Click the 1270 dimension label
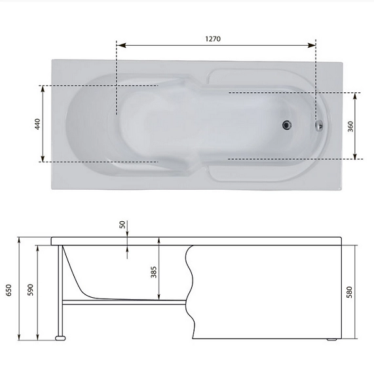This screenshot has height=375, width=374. click(x=213, y=39)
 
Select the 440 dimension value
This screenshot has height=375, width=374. click(x=37, y=124)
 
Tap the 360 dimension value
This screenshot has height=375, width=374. click(x=350, y=126)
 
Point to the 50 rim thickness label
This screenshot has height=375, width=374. click(x=122, y=224)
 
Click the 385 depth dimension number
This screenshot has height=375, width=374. click(x=154, y=272)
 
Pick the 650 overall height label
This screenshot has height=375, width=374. click(x=9, y=290)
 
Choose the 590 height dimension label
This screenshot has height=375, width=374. click(x=30, y=290)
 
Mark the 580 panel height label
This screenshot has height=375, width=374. click(x=350, y=292)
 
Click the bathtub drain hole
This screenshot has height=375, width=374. click(x=287, y=125)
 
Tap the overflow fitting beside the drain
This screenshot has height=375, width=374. click(x=319, y=126)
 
